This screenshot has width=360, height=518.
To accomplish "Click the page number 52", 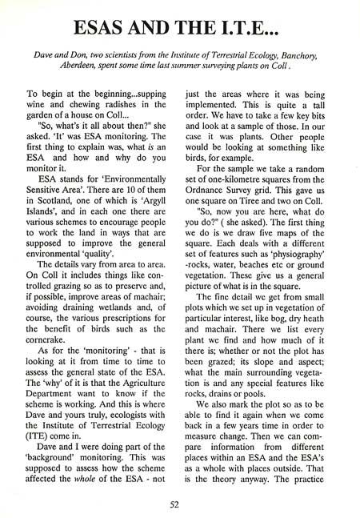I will click(180, 502).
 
